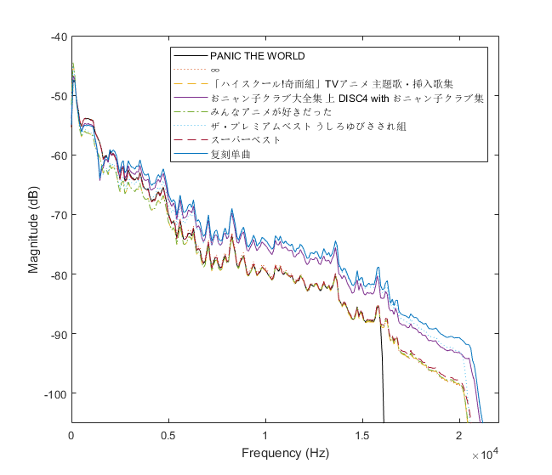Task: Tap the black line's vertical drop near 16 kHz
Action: click(383, 374)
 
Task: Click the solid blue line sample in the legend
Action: click(190, 154)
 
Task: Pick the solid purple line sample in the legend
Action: click(190, 99)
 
